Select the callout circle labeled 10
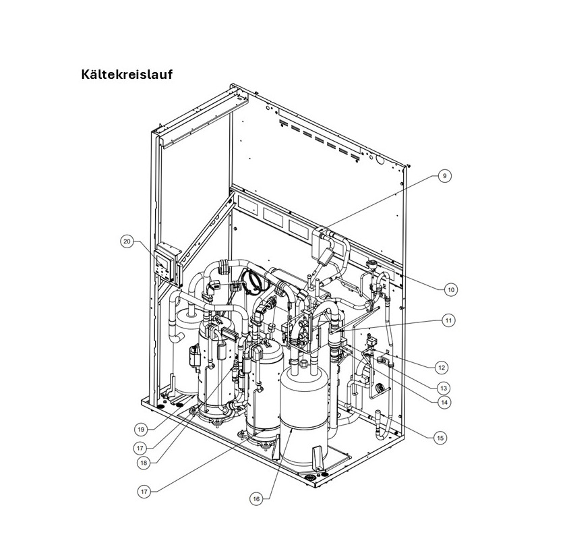(x=451, y=289)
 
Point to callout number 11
(x=448, y=321)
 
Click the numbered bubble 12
(x=441, y=368)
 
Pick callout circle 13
(x=443, y=388)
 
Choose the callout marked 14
(x=444, y=402)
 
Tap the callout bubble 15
(x=440, y=438)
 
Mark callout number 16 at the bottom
(x=256, y=499)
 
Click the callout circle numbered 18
(x=143, y=463)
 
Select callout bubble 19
(x=141, y=429)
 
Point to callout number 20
(x=127, y=241)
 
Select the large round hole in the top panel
(x=379, y=162)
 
